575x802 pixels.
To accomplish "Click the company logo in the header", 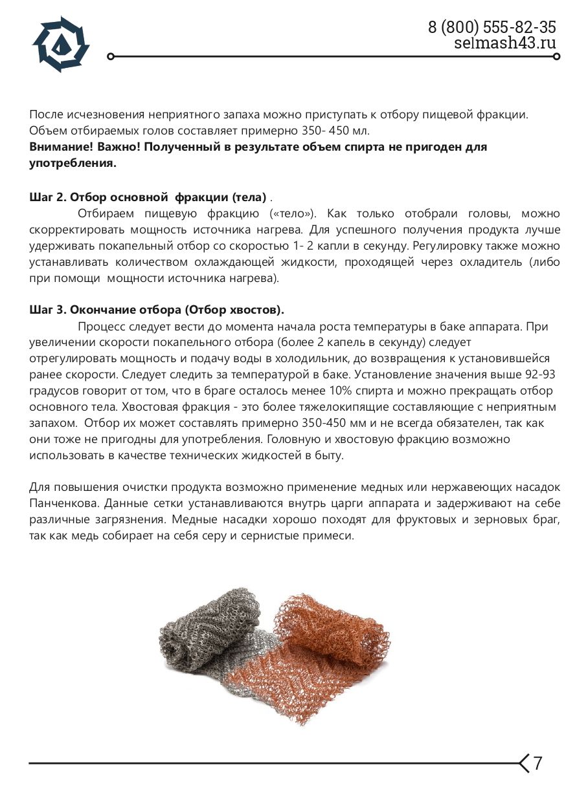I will [61, 43].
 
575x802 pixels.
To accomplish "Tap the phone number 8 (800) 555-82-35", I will [491, 27].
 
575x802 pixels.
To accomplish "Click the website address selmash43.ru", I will [505, 43].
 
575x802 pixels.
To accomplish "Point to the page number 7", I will [537, 763].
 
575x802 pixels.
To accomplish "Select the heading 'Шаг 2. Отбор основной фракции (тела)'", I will [148, 197].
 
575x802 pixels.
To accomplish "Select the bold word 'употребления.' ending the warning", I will [73, 163].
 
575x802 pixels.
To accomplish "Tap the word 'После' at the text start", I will [46, 114].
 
